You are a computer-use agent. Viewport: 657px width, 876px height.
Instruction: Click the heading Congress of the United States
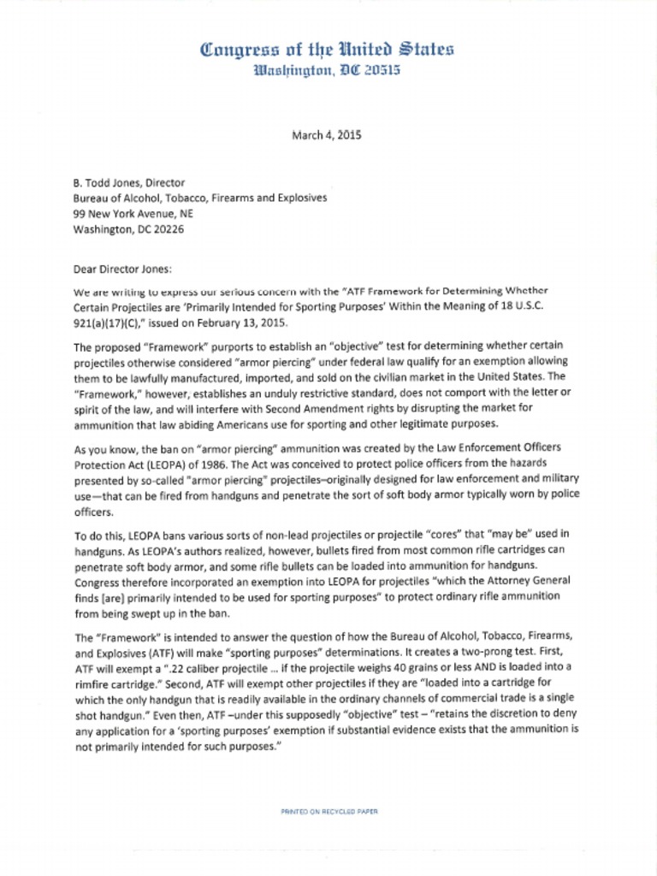click(x=327, y=50)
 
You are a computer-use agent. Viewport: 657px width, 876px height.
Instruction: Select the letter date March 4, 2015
click(x=328, y=134)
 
